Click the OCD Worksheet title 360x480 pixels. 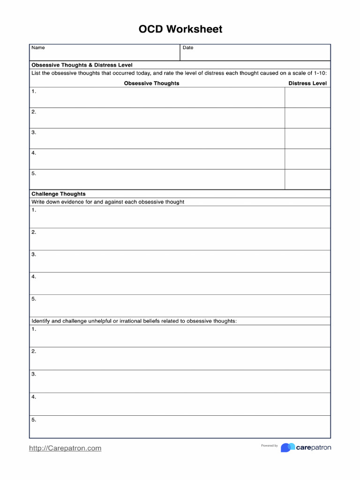pos(180,30)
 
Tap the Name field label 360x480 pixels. pos(38,48)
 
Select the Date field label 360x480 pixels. pos(188,48)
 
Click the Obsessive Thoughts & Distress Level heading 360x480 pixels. pos(82,65)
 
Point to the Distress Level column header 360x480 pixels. pos(307,83)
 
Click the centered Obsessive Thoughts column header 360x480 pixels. pos(151,83)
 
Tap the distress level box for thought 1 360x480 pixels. pos(307,97)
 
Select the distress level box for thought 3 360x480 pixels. pos(307,139)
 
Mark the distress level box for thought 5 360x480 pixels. pos(307,180)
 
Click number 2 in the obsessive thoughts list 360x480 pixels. pos(34,112)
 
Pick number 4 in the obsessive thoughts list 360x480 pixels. pos(34,153)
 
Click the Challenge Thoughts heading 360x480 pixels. pos(59,194)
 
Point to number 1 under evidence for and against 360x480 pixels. pos(34,210)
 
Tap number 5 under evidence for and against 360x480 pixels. pos(34,299)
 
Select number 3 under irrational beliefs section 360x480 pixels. pos(34,374)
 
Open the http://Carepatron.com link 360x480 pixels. pos(65,448)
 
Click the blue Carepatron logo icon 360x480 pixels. pos(288,448)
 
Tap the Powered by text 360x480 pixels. pos(270,446)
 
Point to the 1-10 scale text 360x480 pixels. pos(319,73)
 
